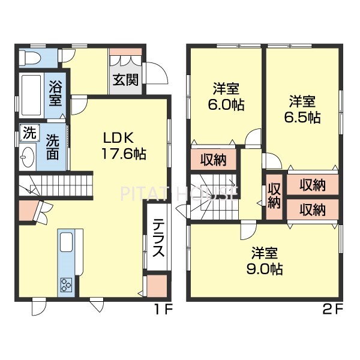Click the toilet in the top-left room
[30, 58]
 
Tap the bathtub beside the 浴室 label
[31, 95]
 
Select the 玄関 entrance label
[125, 80]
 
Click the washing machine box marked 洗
[30, 133]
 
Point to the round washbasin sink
[28, 157]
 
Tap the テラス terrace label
[158, 238]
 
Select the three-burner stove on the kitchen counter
[66, 284]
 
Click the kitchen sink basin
[67, 242]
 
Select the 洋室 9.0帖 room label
[265, 261]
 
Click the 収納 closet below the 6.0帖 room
[214, 160]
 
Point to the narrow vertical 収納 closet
[274, 196]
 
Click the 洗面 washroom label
[53, 147]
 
